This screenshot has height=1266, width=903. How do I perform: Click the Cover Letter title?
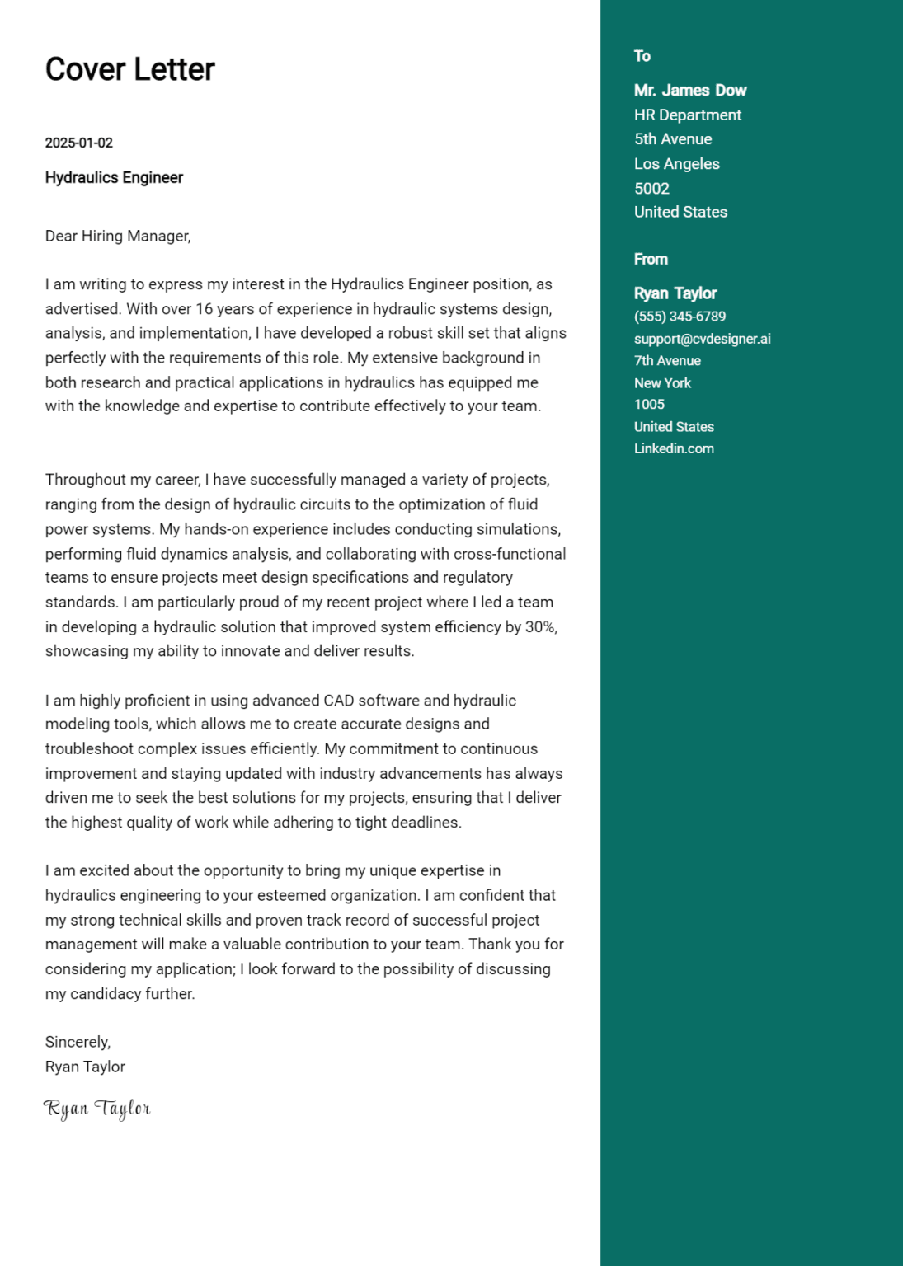tap(129, 69)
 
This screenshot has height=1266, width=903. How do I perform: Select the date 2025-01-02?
tap(78, 143)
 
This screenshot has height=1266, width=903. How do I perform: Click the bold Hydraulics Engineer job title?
tap(114, 177)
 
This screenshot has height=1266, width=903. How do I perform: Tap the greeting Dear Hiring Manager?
tap(118, 236)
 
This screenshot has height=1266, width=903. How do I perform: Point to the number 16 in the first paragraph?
tap(204, 309)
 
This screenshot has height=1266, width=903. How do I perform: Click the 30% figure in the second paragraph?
tap(540, 627)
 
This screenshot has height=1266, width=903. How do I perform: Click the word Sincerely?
tap(78, 1042)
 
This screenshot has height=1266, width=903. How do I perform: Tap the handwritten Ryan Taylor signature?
tap(96, 1109)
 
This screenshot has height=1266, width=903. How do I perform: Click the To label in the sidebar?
tap(642, 56)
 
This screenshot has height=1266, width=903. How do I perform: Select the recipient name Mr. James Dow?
tap(690, 91)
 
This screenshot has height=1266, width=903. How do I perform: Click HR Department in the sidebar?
tap(688, 115)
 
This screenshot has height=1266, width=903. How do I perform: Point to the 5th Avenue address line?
tap(673, 139)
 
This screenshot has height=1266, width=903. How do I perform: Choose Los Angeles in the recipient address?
tap(677, 164)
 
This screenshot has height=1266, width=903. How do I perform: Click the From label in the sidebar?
tap(651, 259)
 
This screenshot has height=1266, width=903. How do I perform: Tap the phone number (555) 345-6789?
tap(680, 316)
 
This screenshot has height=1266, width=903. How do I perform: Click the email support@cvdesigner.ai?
tap(703, 339)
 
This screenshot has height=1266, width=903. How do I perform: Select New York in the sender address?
tap(662, 383)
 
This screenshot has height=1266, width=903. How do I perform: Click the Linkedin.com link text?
tap(674, 448)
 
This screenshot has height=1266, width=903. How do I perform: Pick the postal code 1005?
tap(649, 405)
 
